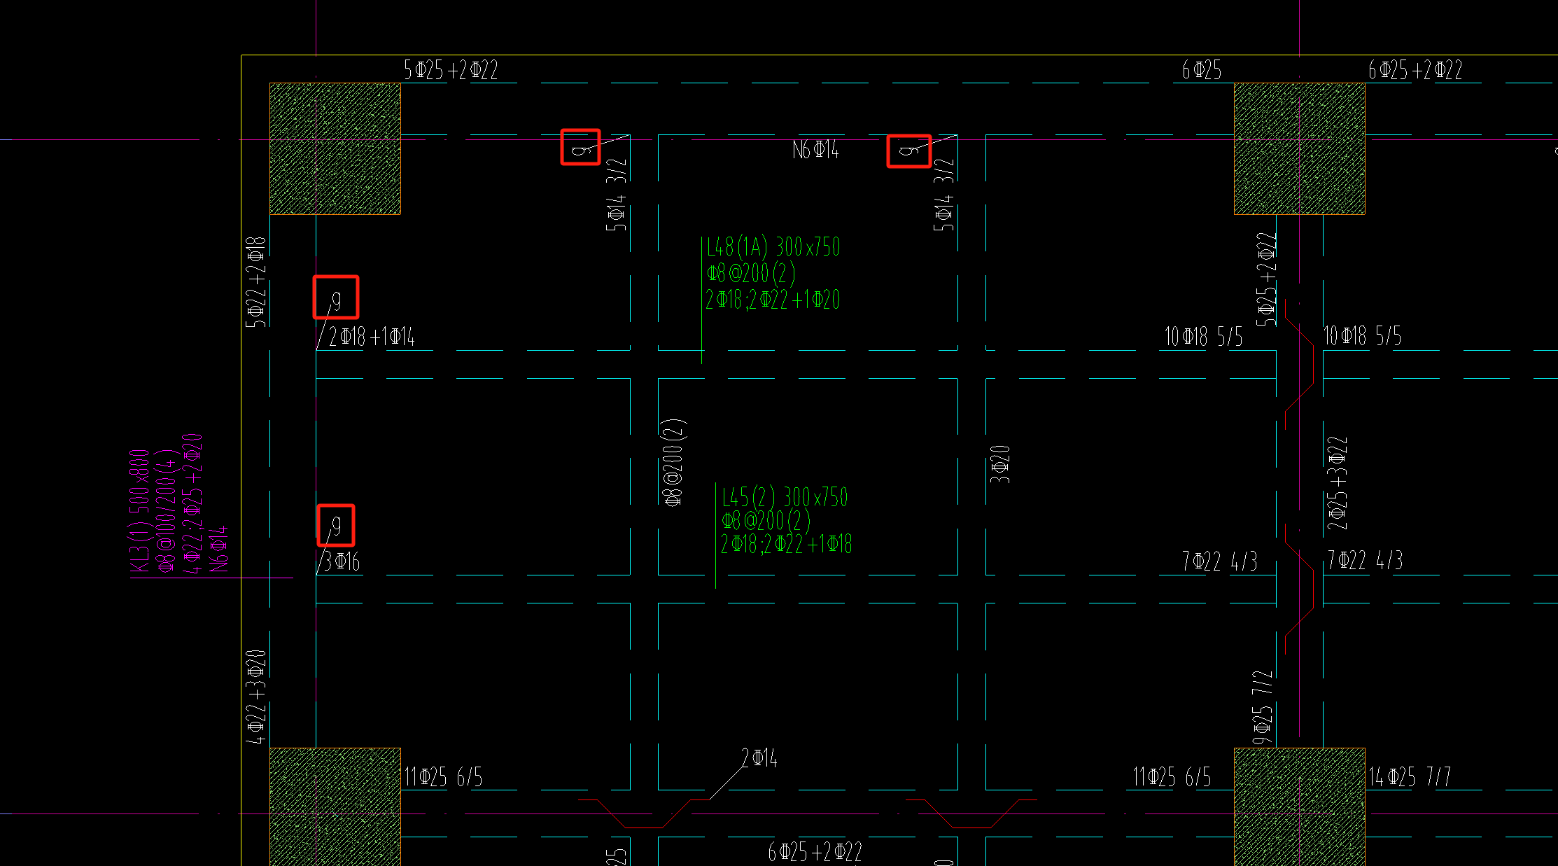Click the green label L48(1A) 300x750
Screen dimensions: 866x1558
point(773,247)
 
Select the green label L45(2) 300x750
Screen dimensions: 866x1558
point(785,497)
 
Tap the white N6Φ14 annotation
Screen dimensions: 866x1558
point(815,150)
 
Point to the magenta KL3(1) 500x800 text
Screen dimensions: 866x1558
point(139,511)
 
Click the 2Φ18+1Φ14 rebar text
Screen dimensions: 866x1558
point(372,337)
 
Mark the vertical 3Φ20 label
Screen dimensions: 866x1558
point(1000,464)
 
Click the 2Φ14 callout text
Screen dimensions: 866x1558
point(759,758)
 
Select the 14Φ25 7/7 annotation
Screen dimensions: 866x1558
point(1410,776)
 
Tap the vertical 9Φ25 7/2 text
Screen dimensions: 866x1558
point(1263,707)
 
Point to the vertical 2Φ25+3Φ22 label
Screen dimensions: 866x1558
point(1337,483)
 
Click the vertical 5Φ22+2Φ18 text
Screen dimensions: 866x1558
point(256,281)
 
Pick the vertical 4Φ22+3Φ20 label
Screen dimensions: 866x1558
point(256,697)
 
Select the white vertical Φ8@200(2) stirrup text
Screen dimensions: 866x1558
point(673,462)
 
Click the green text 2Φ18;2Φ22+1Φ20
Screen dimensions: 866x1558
point(773,300)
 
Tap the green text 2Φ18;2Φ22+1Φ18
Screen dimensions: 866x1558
point(786,544)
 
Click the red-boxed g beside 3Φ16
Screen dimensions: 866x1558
point(336,524)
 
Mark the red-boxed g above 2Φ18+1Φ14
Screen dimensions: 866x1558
point(336,298)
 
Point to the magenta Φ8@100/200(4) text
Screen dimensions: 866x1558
point(166,511)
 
